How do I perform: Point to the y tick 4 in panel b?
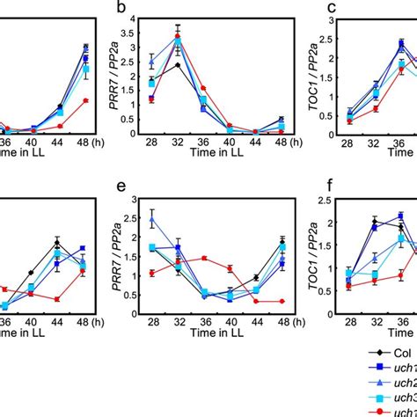point(135,19)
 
